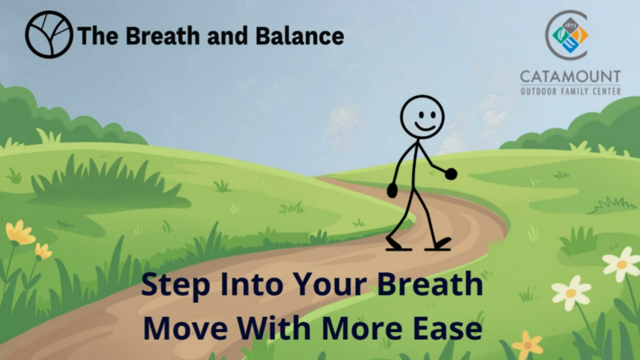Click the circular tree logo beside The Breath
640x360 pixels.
pyautogui.click(x=49, y=34)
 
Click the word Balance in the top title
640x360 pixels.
pyautogui.click(x=299, y=36)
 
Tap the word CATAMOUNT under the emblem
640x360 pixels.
pyautogui.click(x=570, y=77)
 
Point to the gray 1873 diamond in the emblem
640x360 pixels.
pyautogui.click(x=570, y=25)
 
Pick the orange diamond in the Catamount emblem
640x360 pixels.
pyautogui.click(x=581, y=35)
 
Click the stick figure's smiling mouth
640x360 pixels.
pyautogui.click(x=425, y=127)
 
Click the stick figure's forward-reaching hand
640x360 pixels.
pyautogui.click(x=451, y=174)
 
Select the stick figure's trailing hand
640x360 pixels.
pyautogui.click(x=392, y=191)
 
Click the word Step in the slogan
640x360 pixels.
pyautogui.click(x=176, y=285)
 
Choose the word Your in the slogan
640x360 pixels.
pyautogui.click(x=331, y=284)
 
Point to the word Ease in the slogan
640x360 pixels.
pyautogui.click(x=448, y=329)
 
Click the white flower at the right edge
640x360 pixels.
pyautogui.click(x=621, y=263)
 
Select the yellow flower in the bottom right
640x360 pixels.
pyautogui.click(x=528, y=345)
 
